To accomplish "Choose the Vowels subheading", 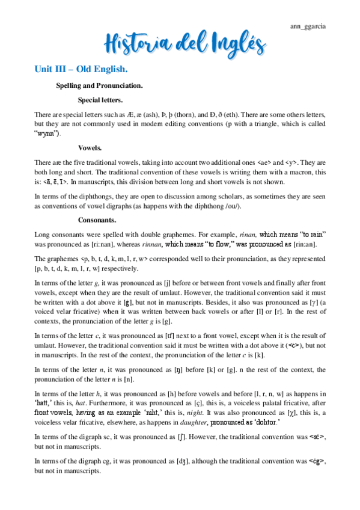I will (x=90, y=148).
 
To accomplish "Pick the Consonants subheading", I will (x=97, y=220).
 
